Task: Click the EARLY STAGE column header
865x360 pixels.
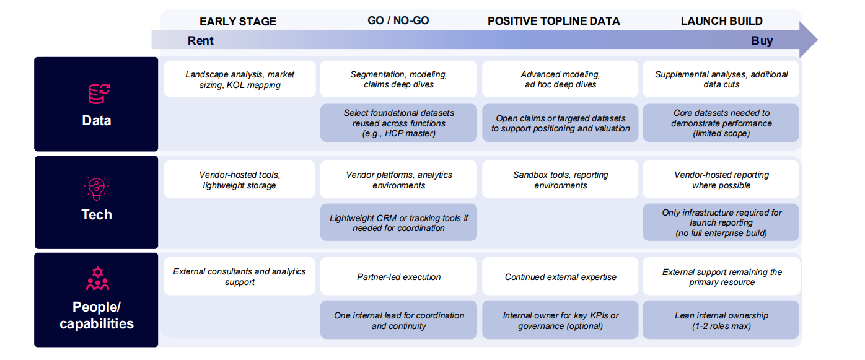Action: [x=238, y=22]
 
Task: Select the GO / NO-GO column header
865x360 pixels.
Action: [x=398, y=20]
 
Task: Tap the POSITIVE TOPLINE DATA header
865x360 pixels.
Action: [x=554, y=21]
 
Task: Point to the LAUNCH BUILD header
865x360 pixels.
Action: [x=722, y=21]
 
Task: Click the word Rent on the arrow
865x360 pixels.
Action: [x=200, y=40]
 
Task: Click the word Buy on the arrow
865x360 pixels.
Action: [x=762, y=40]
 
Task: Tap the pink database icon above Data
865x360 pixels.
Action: [x=99, y=94]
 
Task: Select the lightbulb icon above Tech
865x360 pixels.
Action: [x=97, y=189]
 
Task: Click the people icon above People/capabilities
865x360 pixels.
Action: [x=98, y=278]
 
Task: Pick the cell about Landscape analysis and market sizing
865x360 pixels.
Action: [x=240, y=79]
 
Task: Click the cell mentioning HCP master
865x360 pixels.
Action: [x=398, y=123]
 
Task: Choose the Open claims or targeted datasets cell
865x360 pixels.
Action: [x=560, y=123]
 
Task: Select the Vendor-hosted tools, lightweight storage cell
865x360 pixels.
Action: [x=239, y=180]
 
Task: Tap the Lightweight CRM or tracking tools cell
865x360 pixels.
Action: [x=398, y=222]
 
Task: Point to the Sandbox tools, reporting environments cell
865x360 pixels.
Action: [x=560, y=180]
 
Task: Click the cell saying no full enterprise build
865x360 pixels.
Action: [x=721, y=222]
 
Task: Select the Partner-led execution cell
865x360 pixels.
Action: [x=398, y=276]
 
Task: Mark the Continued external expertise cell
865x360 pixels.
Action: [x=560, y=276]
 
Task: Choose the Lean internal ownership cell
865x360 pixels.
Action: [x=721, y=320]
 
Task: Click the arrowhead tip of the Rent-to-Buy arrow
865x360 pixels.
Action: [x=817, y=40]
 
